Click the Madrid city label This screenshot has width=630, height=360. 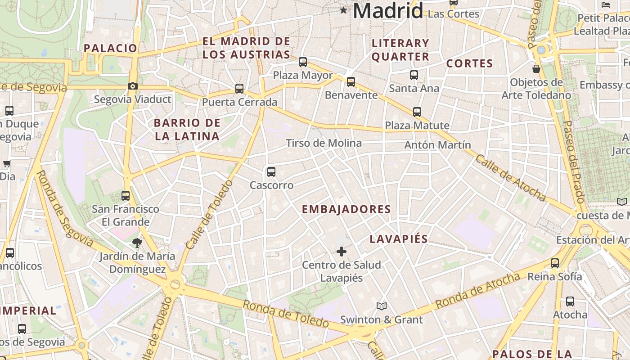[x=388, y=10]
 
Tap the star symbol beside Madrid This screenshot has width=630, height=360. [x=344, y=10]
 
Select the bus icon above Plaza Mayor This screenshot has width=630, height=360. [x=303, y=62]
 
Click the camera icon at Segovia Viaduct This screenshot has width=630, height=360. [x=132, y=86]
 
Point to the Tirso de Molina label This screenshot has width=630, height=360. [x=324, y=143]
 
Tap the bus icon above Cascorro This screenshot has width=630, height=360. [x=271, y=171]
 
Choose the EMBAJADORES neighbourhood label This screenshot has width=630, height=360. [x=346, y=209]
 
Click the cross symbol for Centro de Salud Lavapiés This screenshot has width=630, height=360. [x=342, y=251]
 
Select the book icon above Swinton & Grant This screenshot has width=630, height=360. [x=382, y=306]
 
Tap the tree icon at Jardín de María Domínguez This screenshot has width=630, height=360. [x=137, y=243]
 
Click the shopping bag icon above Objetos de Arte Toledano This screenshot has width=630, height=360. [x=536, y=69]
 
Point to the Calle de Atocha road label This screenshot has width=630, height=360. [x=511, y=178]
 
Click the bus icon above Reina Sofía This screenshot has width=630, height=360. [x=555, y=263]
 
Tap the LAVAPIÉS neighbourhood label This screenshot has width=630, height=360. [x=398, y=239]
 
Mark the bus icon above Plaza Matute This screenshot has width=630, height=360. [x=417, y=112]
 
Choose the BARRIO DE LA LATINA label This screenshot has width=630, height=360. [x=187, y=129]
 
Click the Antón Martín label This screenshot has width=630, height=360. [x=437, y=145]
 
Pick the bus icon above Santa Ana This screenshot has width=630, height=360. [x=414, y=75]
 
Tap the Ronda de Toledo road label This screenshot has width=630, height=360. [x=286, y=313]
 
